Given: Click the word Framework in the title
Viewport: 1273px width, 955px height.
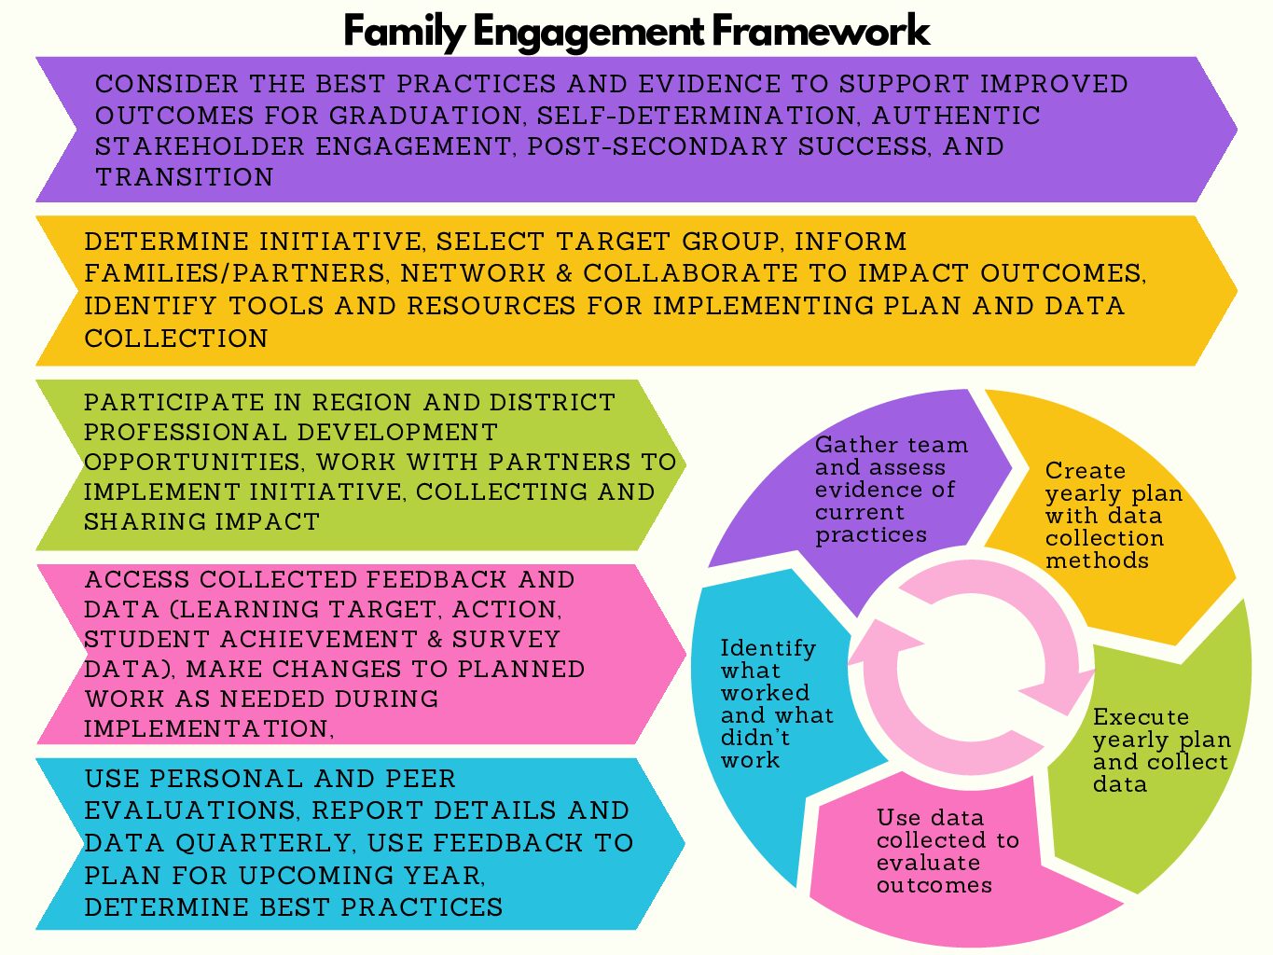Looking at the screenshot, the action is tap(821, 31).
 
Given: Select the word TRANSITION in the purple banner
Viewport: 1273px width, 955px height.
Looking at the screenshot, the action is tap(185, 177).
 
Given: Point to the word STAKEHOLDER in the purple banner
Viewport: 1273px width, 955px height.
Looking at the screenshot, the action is tap(201, 146).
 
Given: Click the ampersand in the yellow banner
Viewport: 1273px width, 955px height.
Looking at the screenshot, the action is tap(564, 273).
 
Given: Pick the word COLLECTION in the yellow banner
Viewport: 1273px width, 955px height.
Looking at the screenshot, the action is tap(175, 338).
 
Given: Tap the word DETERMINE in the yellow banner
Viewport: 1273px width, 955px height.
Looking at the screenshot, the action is tap(166, 242).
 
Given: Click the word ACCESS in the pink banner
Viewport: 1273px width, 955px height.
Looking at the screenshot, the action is tap(137, 579).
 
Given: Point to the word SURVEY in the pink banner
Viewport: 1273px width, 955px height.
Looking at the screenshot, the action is tap(505, 639).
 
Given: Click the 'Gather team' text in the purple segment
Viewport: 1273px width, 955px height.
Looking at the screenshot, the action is tap(892, 445).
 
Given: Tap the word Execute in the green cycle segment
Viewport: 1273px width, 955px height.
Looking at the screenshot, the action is tap(1141, 716).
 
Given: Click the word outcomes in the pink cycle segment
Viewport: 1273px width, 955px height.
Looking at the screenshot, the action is tap(934, 885).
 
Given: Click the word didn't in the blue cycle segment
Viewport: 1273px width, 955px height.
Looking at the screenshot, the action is tap(755, 738).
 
